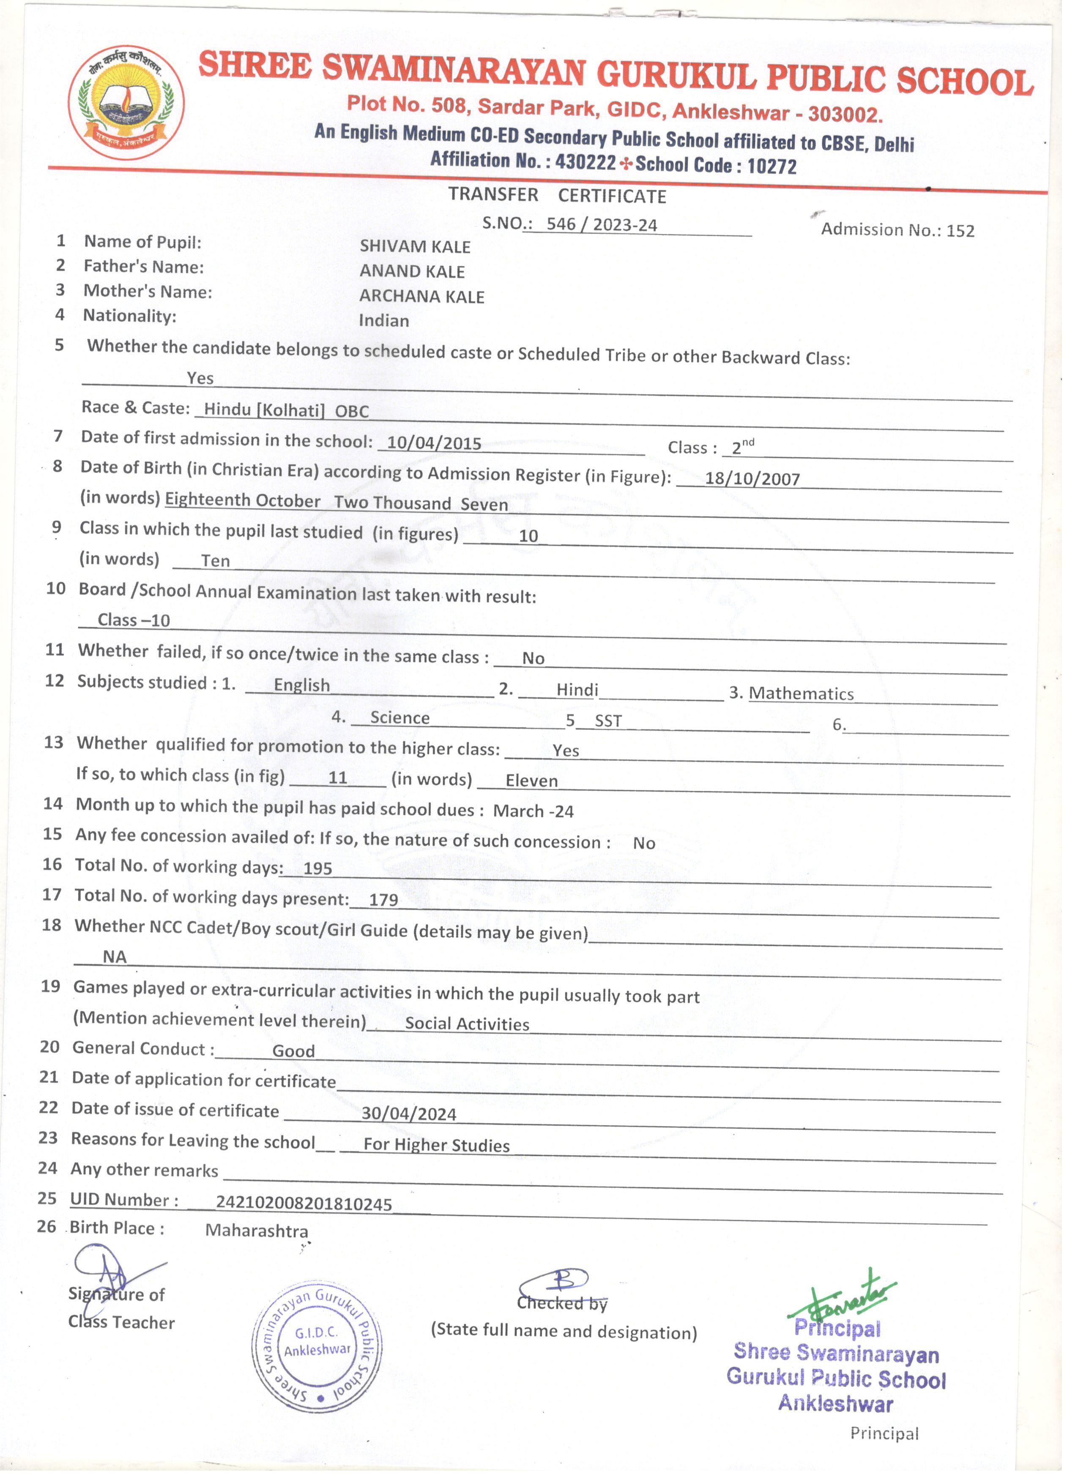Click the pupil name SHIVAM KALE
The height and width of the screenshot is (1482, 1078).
415,246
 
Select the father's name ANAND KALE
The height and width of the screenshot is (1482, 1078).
413,271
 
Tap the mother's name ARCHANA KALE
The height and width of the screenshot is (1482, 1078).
422,297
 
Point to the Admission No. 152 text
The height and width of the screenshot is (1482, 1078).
897,229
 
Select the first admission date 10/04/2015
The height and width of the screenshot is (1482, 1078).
434,443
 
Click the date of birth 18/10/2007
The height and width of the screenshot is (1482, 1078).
752,479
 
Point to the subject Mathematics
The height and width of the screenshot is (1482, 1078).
802,693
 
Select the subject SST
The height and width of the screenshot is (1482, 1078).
608,721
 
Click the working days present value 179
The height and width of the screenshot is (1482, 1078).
384,900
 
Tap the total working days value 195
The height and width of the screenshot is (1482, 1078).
318,868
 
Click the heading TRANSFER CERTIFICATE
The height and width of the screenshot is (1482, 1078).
557,195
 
